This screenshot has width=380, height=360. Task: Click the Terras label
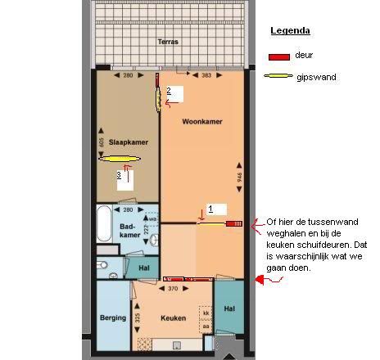[x=168, y=42]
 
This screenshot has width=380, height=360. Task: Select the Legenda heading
[x=290, y=30]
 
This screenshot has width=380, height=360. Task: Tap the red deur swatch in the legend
[x=279, y=57]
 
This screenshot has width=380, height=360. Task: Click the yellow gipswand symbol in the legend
[x=278, y=76]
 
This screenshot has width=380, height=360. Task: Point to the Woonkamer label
[x=202, y=122]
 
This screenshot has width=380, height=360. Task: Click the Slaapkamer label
[x=129, y=142]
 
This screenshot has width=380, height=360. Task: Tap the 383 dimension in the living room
[x=206, y=75]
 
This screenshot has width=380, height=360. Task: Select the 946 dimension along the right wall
[x=239, y=178]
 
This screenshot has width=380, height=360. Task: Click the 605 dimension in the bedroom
[x=101, y=142]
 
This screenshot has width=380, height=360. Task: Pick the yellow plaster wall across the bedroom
[x=120, y=159]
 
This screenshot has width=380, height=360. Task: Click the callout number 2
[x=169, y=91]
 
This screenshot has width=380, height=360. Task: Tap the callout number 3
[x=119, y=175]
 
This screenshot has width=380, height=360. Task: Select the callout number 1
[x=210, y=209]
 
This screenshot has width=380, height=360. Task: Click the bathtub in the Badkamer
[x=104, y=223]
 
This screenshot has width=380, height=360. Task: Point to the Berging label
[x=113, y=317]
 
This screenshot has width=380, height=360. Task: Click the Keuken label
[x=173, y=318]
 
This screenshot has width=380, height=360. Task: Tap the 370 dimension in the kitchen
[x=173, y=289]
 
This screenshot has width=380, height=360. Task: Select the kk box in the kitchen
[x=206, y=313]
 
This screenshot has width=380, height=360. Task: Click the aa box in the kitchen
[x=206, y=326]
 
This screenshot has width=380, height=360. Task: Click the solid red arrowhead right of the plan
[x=260, y=280]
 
